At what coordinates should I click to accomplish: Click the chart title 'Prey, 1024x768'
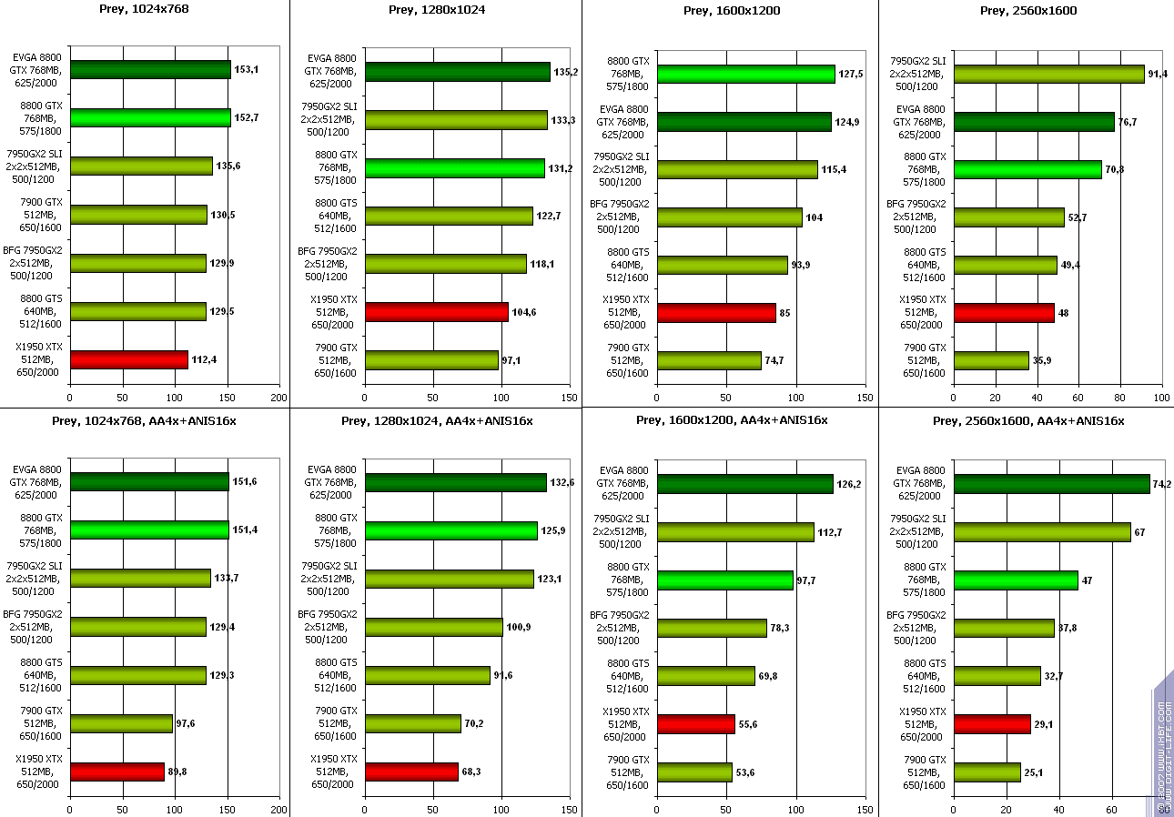(x=143, y=9)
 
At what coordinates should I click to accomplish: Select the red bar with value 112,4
(x=128, y=359)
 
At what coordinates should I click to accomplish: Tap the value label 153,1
(x=247, y=70)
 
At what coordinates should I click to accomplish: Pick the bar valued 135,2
(x=457, y=72)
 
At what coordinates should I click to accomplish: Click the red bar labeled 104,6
(x=436, y=312)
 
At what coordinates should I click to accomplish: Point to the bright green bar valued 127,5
(x=745, y=74)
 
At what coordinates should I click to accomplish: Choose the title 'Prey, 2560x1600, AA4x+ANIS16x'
(x=1027, y=420)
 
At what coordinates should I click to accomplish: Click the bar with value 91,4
(x=1048, y=74)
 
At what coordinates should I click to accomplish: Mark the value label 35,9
(x=1043, y=361)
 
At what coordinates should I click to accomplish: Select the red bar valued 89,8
(x=116, y=772)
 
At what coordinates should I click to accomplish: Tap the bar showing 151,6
(x=149, y=481)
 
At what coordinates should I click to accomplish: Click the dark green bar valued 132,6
(x=455, y=482)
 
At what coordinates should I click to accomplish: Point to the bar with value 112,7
(x=734, y=531)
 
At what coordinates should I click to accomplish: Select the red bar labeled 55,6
(x=695, y=723)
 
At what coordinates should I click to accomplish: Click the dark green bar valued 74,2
(x=1051, y=484)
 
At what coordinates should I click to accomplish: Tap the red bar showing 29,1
(x=992, y=723)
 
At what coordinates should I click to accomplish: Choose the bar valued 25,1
(x=987, y=772)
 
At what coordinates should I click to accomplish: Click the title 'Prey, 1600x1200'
(x=731, y=11)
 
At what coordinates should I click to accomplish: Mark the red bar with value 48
(x=1003, y=312)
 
